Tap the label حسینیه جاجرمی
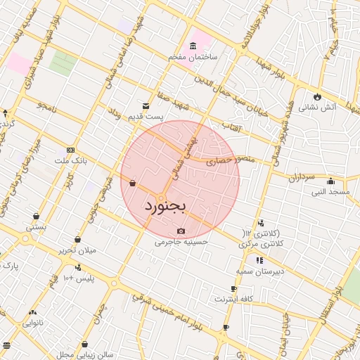click(182, 242)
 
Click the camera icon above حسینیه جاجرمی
click(181, 231)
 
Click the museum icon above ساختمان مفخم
click(193, 46)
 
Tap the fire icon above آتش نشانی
click(318, 97)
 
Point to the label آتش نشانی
click(318, 108)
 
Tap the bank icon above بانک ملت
click(70, 150)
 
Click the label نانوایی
click(32, 323)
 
